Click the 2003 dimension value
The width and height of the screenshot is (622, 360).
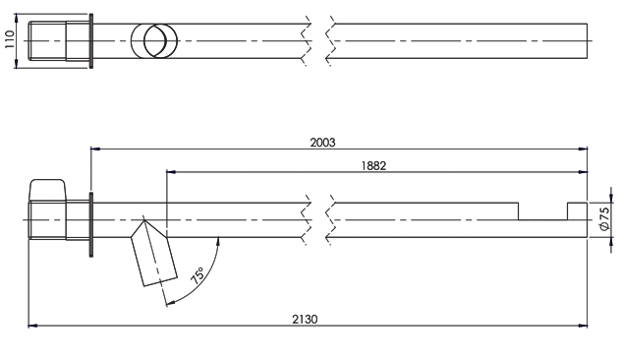(322, 143)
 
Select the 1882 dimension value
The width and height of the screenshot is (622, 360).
(373, 165)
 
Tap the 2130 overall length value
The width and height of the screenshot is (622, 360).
(305, 319)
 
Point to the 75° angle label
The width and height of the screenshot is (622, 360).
(198, 275)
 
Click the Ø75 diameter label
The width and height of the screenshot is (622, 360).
(604, 218)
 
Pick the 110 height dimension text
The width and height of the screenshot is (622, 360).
(10, 39)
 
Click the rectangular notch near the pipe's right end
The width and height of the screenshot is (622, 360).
(542, 211)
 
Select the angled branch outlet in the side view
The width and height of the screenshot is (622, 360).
(154, 253)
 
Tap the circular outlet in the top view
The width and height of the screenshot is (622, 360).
(154, 41)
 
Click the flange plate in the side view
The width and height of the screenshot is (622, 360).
(91, 225)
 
